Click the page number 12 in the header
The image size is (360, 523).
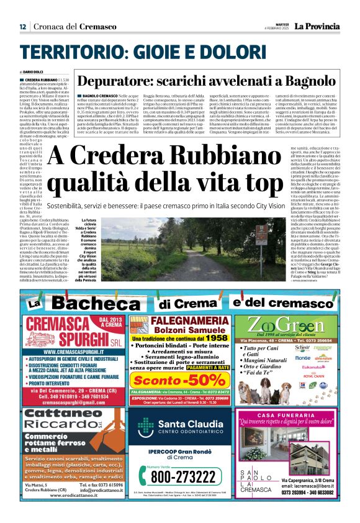[23, 27]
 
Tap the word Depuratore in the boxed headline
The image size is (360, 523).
[112, 81]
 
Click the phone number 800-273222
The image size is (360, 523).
[179, 476]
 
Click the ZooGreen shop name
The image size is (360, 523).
[286, 325]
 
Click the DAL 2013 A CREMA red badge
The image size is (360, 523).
[107, 322]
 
